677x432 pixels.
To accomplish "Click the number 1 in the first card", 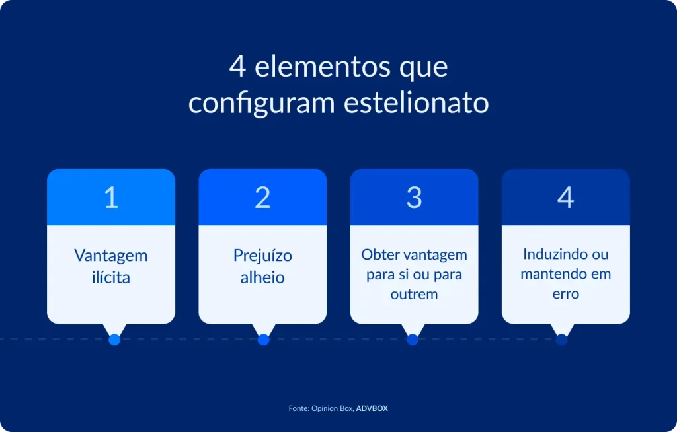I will point(111,198).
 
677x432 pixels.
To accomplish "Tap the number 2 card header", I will point(262,198).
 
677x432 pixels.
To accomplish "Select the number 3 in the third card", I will point(414,198).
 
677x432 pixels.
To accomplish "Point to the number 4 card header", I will point(565,198).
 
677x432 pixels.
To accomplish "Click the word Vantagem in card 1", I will point(111,256).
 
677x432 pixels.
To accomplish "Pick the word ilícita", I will point(111,277).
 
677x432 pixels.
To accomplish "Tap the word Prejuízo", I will point(262,256).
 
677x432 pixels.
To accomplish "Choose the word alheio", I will point(262,277).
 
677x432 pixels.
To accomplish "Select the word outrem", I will point(414,294).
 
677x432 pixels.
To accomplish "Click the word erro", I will point(565,293).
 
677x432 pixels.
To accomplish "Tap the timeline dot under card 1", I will point(114,340).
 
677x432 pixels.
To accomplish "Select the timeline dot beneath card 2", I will point(263,340).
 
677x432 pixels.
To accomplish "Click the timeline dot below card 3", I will point(413,340).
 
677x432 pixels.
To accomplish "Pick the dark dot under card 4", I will point(561,340).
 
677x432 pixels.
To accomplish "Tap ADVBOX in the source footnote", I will point(372,408).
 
